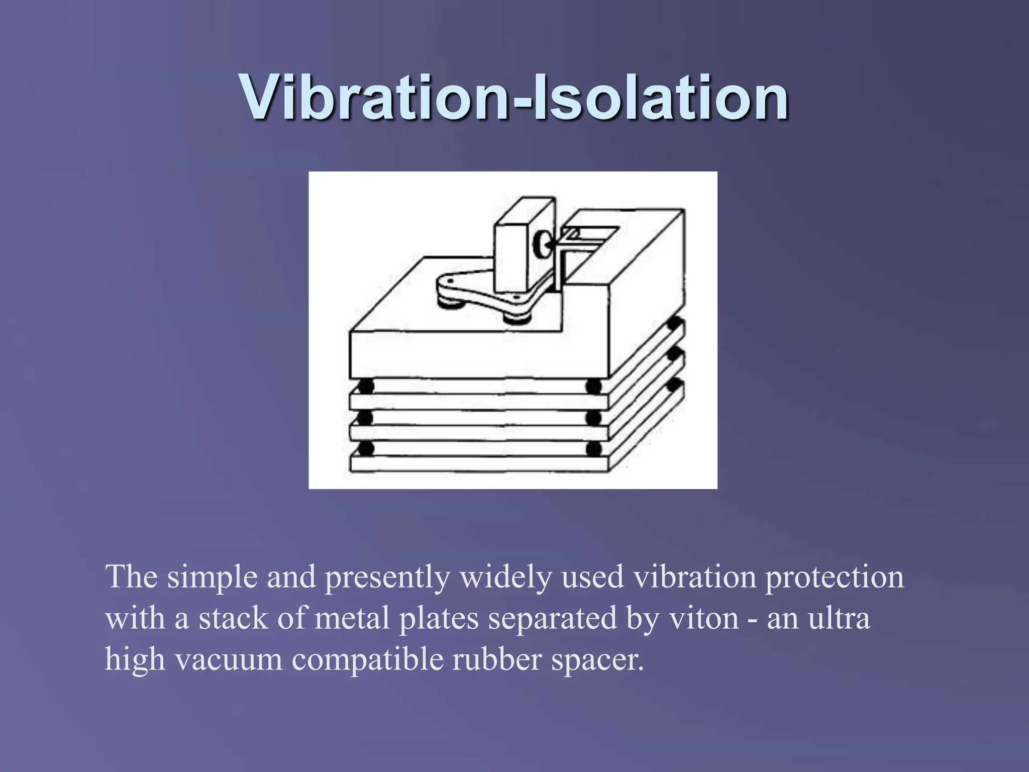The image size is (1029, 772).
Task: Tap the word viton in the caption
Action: click(x=703, y=618)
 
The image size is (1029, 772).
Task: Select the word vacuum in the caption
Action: click(x=229, y=660)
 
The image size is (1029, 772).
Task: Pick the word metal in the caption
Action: click(x=352, y=618)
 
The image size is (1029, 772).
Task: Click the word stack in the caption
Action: click(x=233, y=618)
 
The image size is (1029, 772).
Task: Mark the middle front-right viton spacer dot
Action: click(x=593, y=418)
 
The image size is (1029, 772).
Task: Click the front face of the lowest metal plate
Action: click(x=477, y=464)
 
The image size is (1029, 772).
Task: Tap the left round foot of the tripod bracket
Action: click(x=445, y=301)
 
